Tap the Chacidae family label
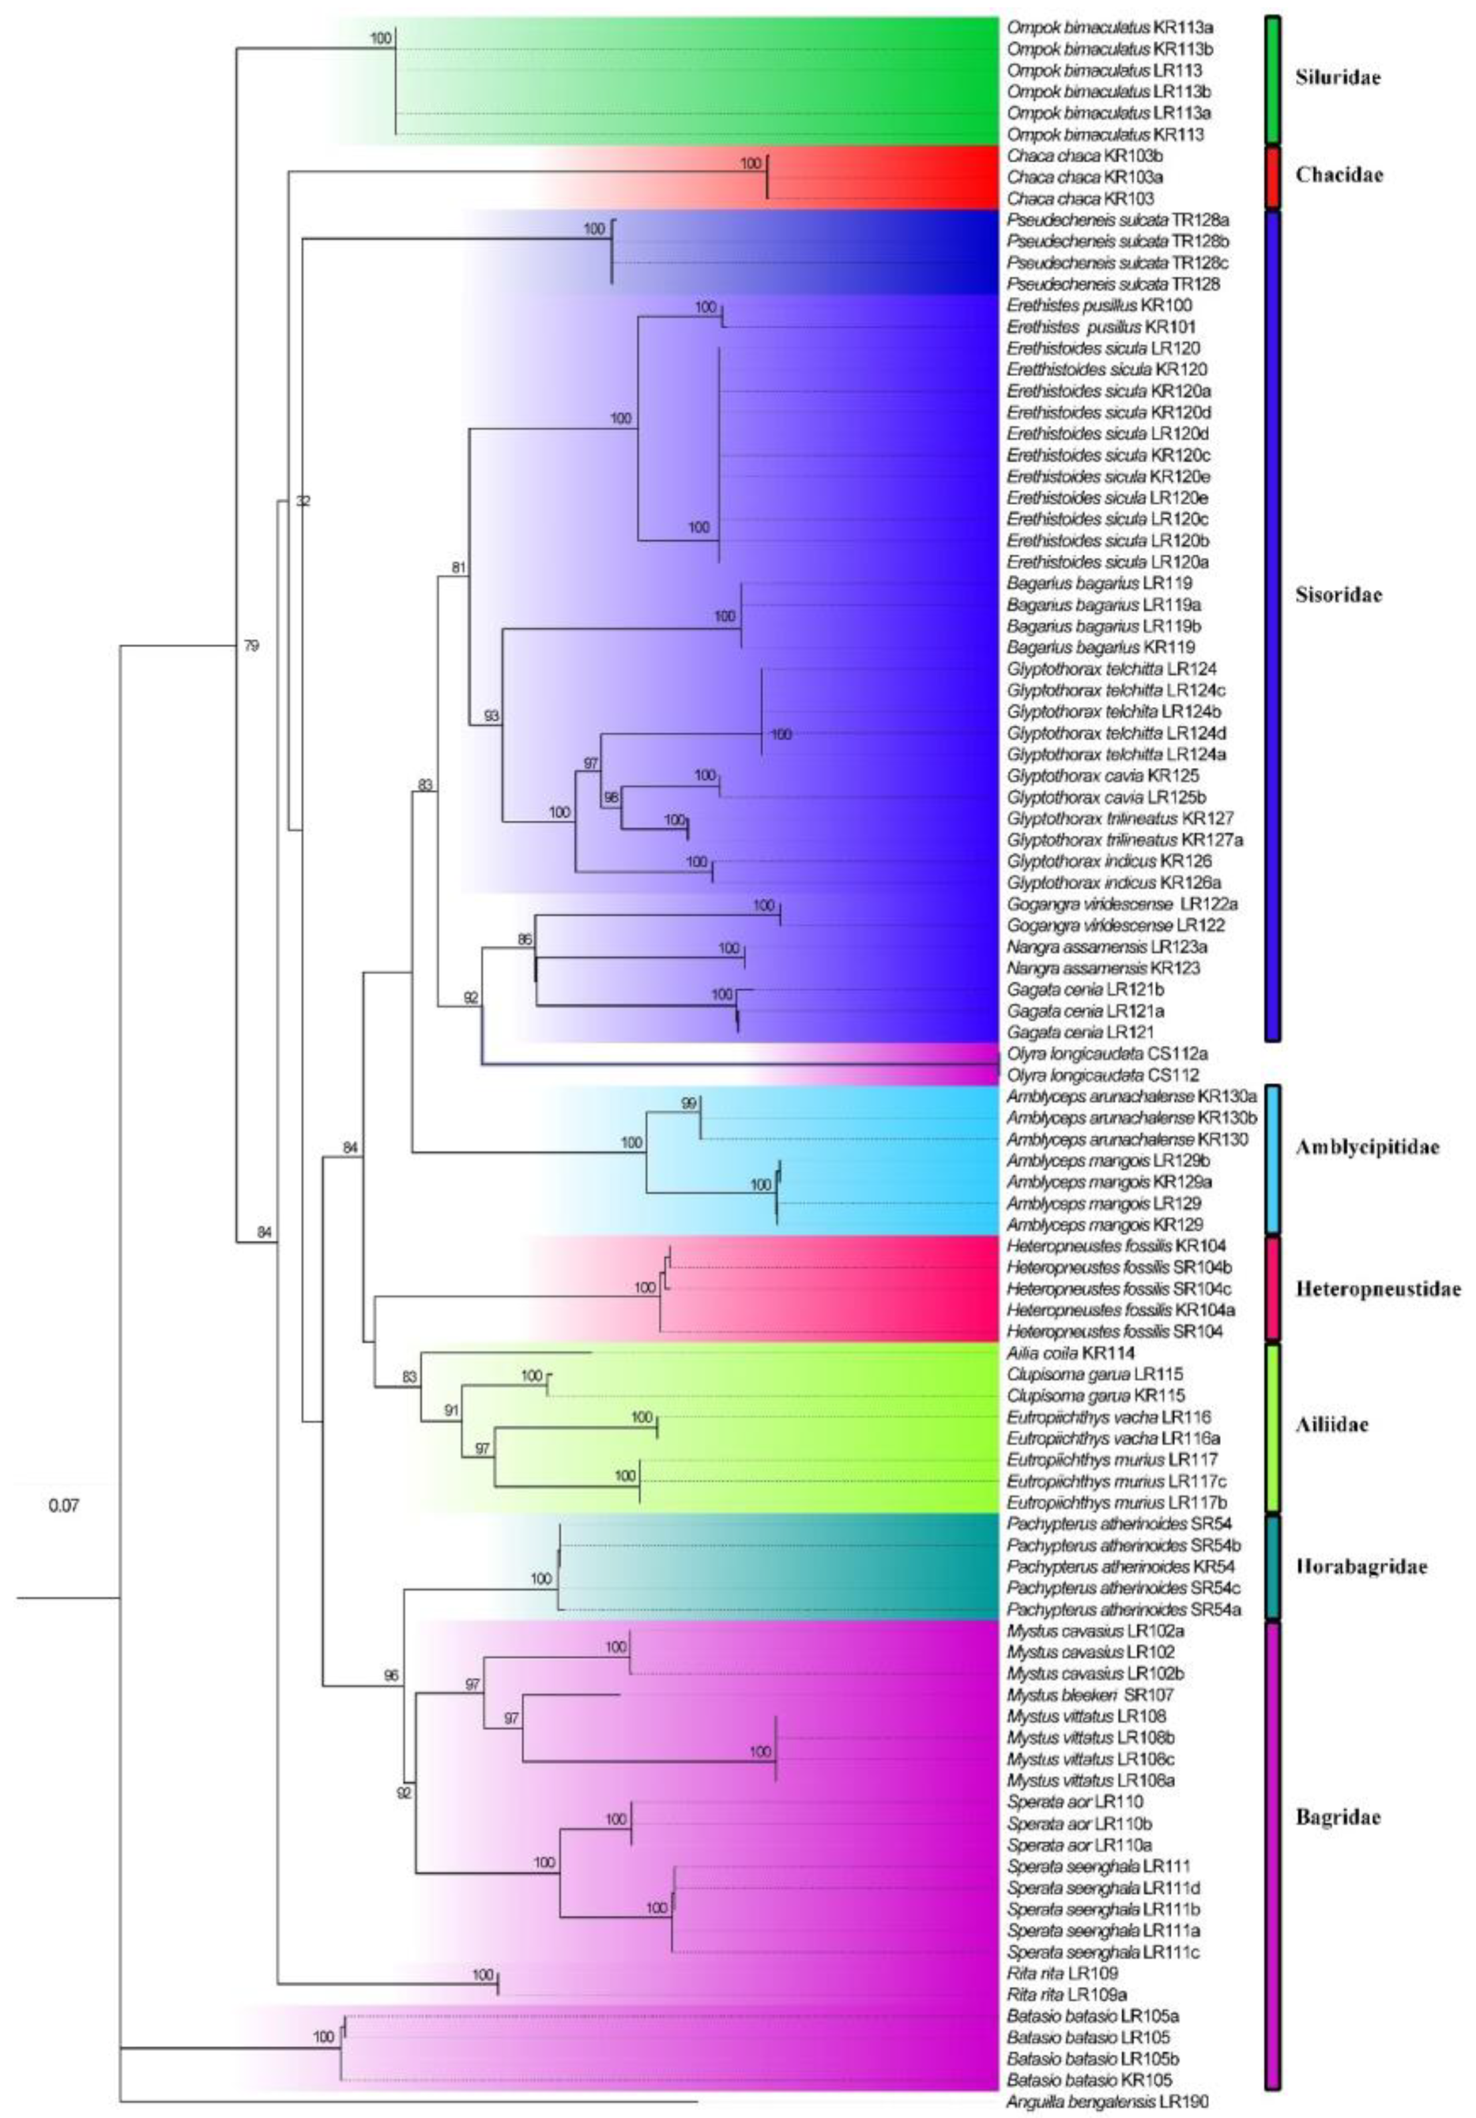coord(1338,175)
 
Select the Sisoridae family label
coord(1338,595)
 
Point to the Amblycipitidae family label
coord(1366,1147)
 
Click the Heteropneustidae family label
coord(1377,1289)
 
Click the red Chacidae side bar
coord(1272,176)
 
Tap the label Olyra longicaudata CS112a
coord(1107,1054)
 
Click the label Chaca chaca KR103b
coord(1084,156)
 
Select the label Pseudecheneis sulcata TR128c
coord(1117,263)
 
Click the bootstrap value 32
coord(303,502)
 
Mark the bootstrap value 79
coord(251,646)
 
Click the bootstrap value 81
coord(458,568)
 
